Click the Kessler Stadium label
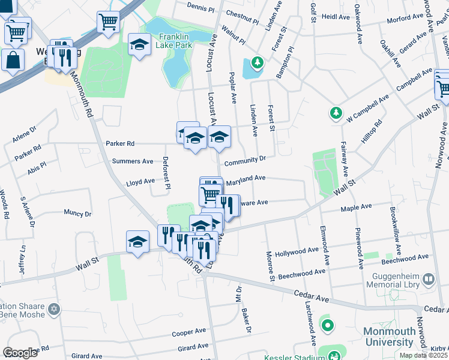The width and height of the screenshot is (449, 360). click(x=291, y=356)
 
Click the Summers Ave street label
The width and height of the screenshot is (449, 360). click(x=133, y=161)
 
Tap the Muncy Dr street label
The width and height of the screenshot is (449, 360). click(x=77, y=213)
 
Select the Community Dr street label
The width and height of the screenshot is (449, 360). click(x=245, y=161)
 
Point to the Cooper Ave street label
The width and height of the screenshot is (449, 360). click(x=188, y=332)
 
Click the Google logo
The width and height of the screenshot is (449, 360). click(x=20, y=353)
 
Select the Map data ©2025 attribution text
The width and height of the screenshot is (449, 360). click(x=424, y=355)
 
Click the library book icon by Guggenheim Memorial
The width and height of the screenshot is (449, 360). click(x=429, y=279)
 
